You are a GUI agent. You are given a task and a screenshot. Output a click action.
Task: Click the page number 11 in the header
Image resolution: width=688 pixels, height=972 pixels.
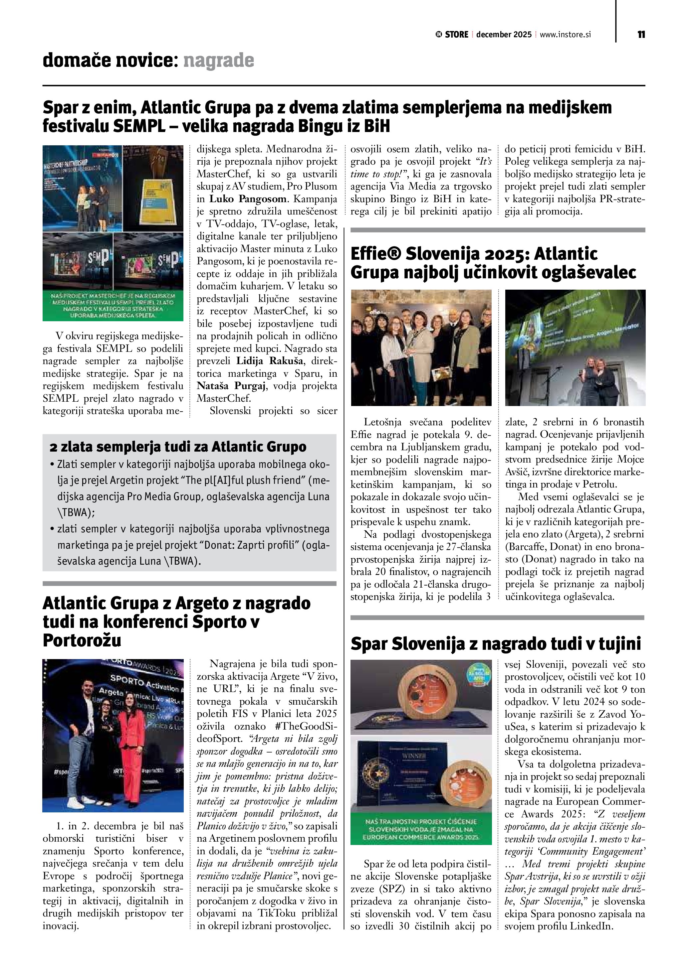tap(641, 35)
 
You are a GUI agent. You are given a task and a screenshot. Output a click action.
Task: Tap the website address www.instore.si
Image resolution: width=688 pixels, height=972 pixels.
tap(565, 35)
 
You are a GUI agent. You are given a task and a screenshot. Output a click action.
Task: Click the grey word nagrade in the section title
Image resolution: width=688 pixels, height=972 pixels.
tap(219, 61)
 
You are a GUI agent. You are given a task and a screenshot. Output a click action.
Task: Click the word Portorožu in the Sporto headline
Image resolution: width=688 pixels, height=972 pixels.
tap(82, 640)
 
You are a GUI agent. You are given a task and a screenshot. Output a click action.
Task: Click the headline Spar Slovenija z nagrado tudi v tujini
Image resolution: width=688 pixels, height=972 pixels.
tap(496, 644)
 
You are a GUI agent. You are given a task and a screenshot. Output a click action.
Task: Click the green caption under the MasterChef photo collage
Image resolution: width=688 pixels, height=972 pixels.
tap(113, 305)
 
